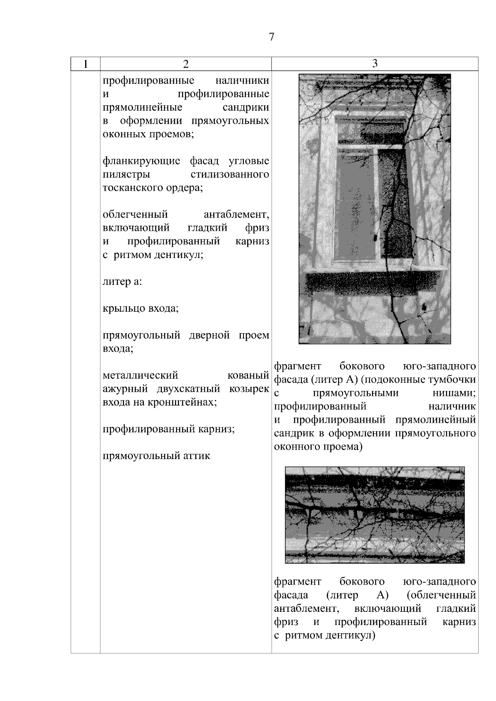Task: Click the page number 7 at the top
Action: [271, 37]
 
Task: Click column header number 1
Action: [85, 64]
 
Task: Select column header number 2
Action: [186, 64]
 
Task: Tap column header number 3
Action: [374, 63]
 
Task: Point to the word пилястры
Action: [126, 174]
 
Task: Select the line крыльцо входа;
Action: [141, 308]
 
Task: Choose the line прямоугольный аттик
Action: [156, 456]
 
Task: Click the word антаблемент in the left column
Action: [236, 215]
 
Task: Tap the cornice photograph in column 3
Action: [374, 515]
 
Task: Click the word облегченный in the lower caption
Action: [441, 595]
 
